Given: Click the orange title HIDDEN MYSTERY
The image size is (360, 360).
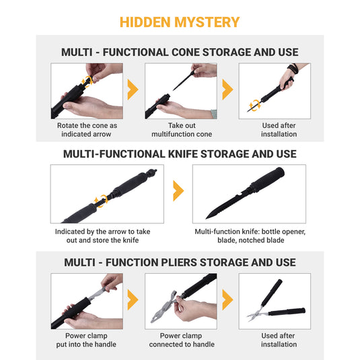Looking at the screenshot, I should [x=180, y=22].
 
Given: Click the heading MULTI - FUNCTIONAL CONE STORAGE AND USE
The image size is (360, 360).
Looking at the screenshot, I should [x=180, y=52].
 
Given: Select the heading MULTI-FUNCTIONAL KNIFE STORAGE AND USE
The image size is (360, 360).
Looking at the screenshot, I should [x=180, y=153].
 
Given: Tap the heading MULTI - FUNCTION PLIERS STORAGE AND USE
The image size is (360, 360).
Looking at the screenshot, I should [x=180, y=262].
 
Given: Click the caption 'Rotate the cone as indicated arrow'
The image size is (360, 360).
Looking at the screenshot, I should [x=87, y=130].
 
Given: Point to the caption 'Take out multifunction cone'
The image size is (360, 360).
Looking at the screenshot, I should [x=181, y=130].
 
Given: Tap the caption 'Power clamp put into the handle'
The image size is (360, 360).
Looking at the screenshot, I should [x=87, y=340].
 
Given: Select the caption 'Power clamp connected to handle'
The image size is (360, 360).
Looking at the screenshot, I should [x=181, y=340].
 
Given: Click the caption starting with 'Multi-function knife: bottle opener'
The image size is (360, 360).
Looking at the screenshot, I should [x=250, y=236].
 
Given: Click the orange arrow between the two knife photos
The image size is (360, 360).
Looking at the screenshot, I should [x=178, y=190].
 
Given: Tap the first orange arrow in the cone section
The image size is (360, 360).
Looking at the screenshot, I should [x=133, y=90].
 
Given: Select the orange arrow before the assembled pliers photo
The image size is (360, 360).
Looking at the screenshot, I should [x=227, y=301].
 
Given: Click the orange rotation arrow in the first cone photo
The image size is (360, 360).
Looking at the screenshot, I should [x=86, y=82].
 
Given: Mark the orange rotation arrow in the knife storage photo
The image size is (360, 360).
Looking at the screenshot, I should [x=102, y=199].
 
